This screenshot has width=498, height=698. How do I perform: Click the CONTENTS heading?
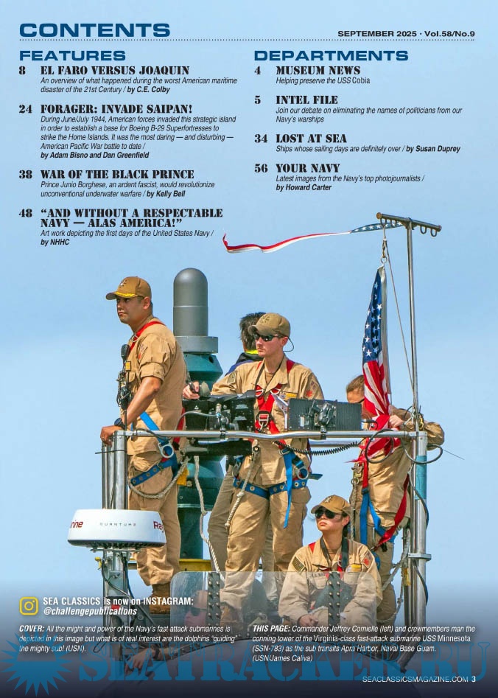[94, 30]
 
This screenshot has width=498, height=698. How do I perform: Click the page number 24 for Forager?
[25, 109]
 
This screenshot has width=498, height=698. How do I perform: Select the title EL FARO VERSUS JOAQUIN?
[115, 70]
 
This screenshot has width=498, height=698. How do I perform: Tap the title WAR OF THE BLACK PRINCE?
[117, 174]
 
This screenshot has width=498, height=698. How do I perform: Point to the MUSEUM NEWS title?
[318, 70]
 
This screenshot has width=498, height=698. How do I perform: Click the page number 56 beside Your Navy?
[261, 168]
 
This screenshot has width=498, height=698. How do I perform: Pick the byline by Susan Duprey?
[433, 149]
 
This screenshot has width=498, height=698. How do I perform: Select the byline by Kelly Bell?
[166, 194]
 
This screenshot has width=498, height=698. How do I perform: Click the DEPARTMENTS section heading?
[331, 55]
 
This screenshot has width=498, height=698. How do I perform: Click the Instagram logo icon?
[29, 606]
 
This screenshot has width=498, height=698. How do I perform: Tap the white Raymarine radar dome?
[116, 528]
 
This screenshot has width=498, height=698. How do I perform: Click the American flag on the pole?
[376, 352]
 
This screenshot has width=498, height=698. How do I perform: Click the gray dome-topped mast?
[191, 303]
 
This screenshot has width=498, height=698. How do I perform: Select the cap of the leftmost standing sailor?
[129, 288]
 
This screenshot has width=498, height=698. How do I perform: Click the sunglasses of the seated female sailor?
[326, 514]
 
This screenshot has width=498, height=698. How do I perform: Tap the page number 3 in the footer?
[474, 679]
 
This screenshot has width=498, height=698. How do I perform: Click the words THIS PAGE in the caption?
[271, 629]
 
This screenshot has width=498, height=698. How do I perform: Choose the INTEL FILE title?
[306, 100]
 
